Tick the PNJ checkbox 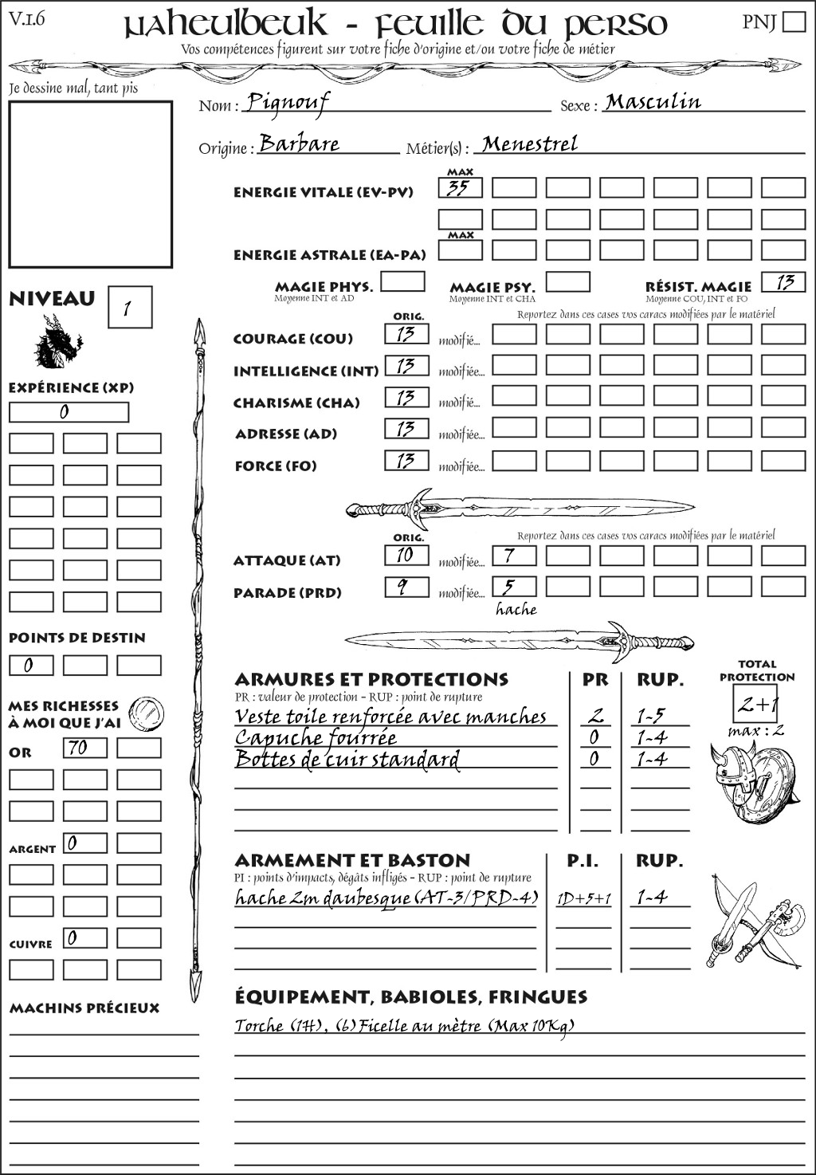point(794,21)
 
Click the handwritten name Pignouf point(287,102)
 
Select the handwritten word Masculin point(653,102)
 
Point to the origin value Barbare point(300,144)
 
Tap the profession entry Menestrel point(530,144)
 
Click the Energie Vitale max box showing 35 point(460,188)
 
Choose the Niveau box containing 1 point(129,308)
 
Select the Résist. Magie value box point(783,282)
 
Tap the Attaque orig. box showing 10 point(406,555)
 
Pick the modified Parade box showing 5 point(513,587)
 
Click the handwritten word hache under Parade point(516,610)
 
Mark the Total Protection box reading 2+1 point(756,704)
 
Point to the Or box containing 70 point(84,748)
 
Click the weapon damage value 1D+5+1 point(583,899)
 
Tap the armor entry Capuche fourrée point(316,737)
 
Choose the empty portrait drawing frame point(90,184)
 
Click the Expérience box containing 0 point(69,412)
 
